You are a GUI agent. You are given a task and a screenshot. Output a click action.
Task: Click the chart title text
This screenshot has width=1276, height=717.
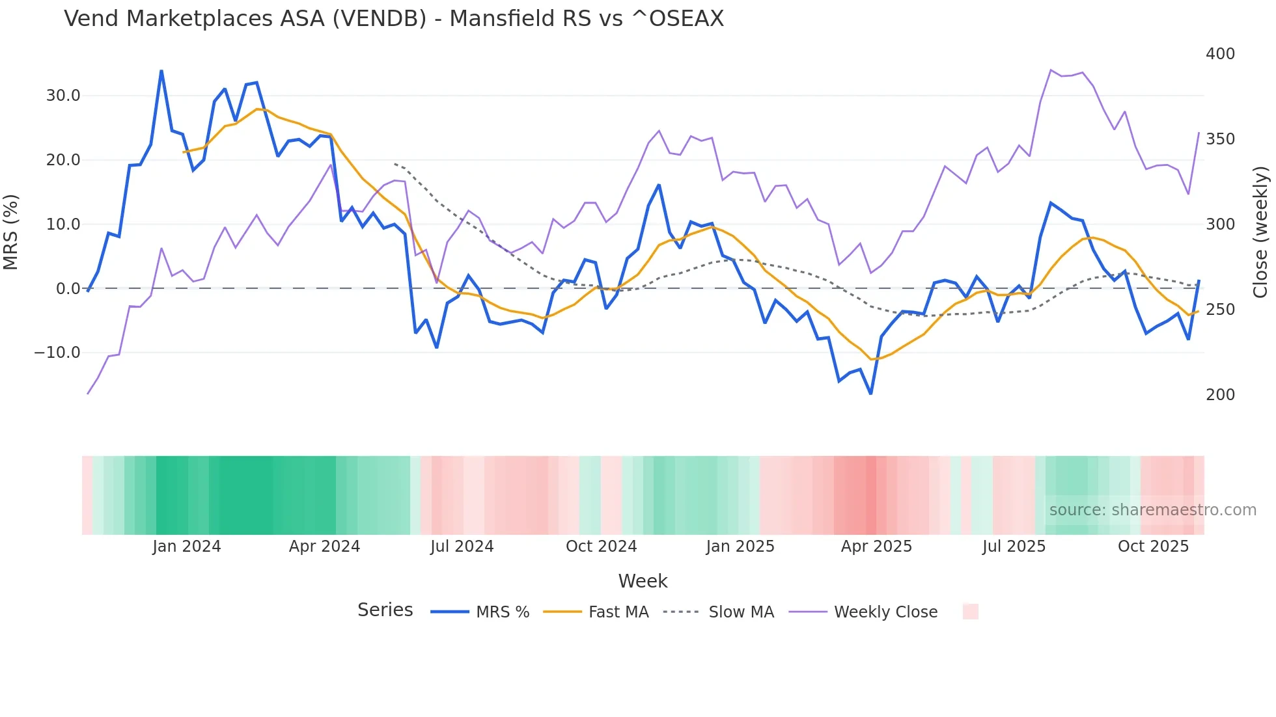(394, 19)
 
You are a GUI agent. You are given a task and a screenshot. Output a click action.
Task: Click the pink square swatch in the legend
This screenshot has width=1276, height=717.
(970, 612)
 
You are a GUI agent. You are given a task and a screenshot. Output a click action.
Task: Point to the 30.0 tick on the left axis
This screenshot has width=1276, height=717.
(63, 96)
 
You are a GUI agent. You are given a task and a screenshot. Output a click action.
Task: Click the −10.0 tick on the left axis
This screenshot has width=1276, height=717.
(57, 353)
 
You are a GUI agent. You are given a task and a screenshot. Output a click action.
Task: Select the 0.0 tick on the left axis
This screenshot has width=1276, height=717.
(68, 288)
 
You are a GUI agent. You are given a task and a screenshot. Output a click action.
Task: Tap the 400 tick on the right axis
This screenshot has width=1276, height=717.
(1220, 54)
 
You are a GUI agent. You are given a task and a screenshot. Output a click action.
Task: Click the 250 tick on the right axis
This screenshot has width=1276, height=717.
(1220, 310)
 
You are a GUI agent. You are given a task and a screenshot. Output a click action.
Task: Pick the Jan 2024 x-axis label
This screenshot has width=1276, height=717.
(187, 547)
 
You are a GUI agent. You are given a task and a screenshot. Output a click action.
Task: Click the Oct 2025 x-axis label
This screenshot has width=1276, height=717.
(1153, 547)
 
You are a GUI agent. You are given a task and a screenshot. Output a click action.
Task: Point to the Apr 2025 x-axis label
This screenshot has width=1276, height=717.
(876, 547)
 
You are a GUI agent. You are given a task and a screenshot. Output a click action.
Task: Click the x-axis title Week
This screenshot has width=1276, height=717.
(643, 581)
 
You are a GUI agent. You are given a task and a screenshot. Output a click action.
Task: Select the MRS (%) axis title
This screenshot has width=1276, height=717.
(11, 232)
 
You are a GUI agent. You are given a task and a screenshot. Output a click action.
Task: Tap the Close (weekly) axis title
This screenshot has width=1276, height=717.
(1260, 232)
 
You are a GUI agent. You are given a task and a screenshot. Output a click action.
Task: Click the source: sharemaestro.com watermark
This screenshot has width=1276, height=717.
(1152, 510)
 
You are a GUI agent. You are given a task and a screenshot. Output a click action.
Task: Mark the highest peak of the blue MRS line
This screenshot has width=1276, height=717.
(161, 71)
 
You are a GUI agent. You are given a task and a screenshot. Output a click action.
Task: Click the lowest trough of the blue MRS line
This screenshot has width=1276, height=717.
(870, 393)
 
